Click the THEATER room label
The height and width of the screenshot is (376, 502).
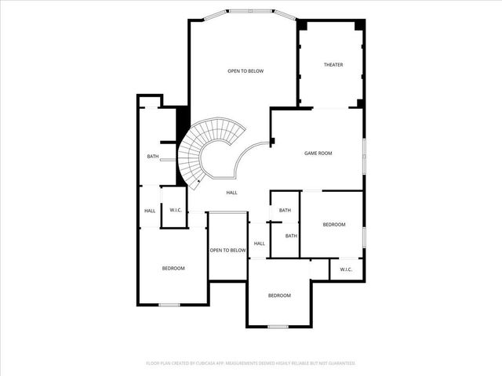tap(333, 64)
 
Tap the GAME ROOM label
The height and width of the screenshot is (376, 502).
tap(318, 153)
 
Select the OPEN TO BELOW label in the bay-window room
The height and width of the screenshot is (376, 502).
tap(246, 71)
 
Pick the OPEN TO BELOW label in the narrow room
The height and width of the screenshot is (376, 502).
tap(227, 251)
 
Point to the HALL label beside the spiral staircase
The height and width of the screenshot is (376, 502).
tap(232, 193)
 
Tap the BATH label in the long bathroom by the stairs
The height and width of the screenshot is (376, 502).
tap(153, 157)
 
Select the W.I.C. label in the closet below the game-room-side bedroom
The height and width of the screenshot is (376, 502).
tap(346, 269)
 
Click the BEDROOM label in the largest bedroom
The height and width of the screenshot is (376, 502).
tap(173, 269)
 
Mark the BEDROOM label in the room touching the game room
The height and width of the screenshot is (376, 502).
tap(334, 225)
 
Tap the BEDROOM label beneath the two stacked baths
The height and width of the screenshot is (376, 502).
tap(279, 295)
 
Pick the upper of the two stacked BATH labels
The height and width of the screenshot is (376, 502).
tap(285, 210)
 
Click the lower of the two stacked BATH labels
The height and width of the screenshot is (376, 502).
tap(291, 236)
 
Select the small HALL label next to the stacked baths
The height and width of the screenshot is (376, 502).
tap(259, 244)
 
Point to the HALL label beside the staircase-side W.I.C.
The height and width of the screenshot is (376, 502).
tap(150, 210)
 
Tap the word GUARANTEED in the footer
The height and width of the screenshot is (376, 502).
tap(340, 363)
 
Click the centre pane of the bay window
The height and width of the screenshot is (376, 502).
tap(251, 11)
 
